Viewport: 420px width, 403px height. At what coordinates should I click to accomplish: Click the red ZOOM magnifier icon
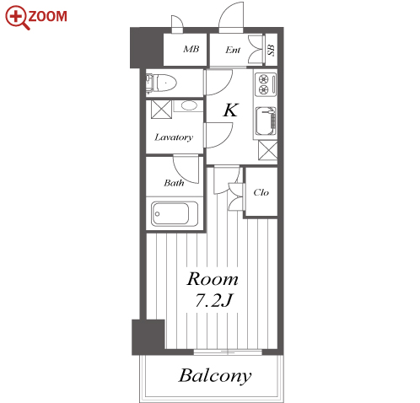point(18,18)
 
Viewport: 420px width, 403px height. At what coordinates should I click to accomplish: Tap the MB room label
point(191,49)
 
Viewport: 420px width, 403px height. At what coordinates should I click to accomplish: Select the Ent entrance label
point(233,50)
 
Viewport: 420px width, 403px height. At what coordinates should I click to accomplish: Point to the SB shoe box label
point(272,50)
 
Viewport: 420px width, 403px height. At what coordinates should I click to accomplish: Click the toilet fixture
point(161,83)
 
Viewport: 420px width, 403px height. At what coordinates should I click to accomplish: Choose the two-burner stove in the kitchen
point(266,84)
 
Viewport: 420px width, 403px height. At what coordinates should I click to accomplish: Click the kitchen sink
point(266,121)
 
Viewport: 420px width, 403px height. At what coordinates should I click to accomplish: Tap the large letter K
point(231,110)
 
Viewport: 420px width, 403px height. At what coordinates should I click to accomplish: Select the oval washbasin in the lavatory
point(189,105)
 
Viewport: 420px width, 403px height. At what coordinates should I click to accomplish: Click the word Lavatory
point(174,137)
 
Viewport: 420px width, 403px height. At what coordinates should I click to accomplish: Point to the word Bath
point(174,183)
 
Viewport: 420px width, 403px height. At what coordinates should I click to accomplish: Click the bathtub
point(175,213)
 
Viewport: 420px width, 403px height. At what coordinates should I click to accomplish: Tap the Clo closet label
point(261,192)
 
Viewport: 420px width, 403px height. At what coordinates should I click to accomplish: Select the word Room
point(213,279)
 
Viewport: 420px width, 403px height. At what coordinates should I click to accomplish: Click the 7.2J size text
point(213,300)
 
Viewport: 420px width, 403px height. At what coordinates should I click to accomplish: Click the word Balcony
point(215,376)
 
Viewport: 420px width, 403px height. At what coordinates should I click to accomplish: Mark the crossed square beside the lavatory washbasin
point(161,110)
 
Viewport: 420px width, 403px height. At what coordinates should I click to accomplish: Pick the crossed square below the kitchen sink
point(268,150)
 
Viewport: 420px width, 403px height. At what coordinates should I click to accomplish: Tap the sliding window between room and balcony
point(228,352)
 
